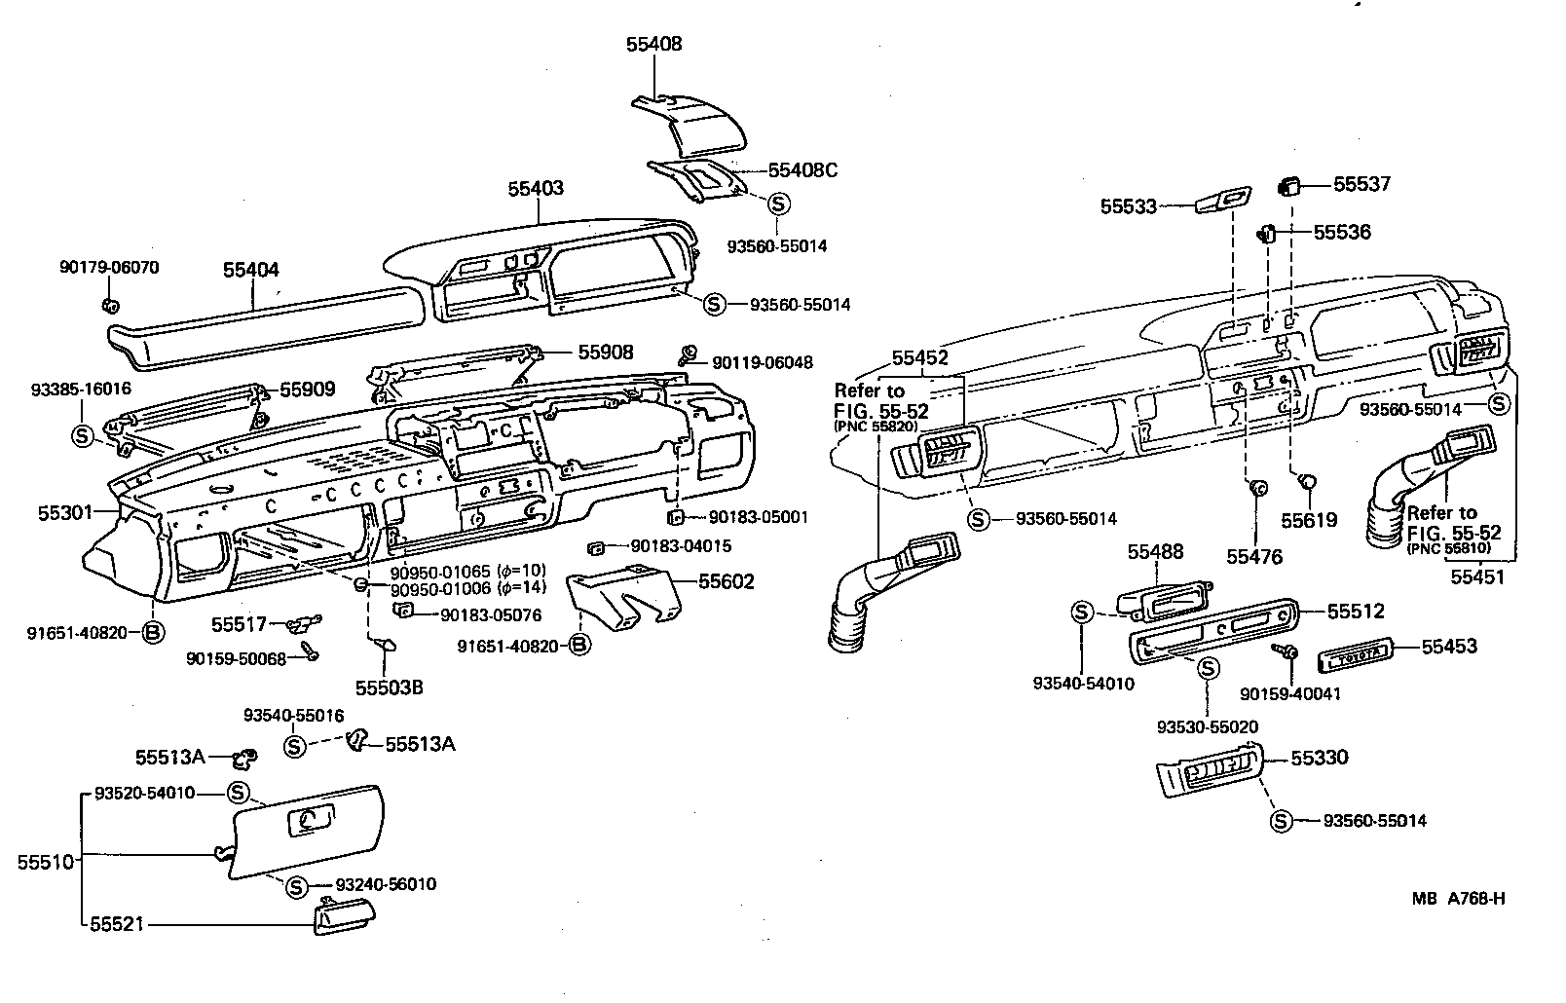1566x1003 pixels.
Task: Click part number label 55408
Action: click(653, 44)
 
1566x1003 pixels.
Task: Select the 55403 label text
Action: click(535, 188)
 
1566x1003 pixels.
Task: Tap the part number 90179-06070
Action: click(109, 267)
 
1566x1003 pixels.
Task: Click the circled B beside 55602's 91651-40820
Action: click(578, 645)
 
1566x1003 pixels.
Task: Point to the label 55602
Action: click(726, 582)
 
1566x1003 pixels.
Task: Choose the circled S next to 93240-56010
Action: click(296, 885)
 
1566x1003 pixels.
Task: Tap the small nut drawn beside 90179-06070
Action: click(109, 305)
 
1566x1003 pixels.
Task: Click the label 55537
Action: click(1361, 184)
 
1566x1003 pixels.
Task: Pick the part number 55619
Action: click(1309, 521)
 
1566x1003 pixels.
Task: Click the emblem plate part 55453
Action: click(1355, 658)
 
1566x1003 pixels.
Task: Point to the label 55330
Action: click(1320, 758)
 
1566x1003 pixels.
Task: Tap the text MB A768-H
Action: click(1459, 899)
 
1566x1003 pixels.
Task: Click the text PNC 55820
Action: click(876, 427)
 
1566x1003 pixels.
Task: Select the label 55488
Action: click(1155, 552)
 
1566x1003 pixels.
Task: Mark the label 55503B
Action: click(389, 687)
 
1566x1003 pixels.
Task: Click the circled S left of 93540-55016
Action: click(296, 746)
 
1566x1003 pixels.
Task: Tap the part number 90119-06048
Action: click(762, 362)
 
